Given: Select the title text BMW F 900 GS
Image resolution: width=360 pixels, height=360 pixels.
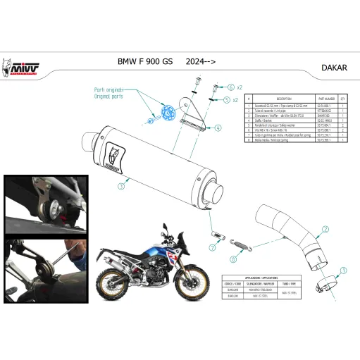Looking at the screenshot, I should pyautogui.click(x=144, y=62).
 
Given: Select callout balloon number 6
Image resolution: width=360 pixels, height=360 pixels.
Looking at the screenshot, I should pyautogui.click(x=230, y=87).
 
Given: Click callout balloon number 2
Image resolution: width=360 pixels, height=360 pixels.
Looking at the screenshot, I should pyautogui.click(x=325, y=229).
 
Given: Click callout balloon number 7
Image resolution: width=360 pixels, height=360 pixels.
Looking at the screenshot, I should pyautogui.click(x=212, y=248).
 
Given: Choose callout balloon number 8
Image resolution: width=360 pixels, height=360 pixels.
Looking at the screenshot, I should pyautogui.click(x=234, y=259).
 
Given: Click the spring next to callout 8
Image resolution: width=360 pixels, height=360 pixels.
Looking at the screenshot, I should pyautogui.click(x=242, y=242).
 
